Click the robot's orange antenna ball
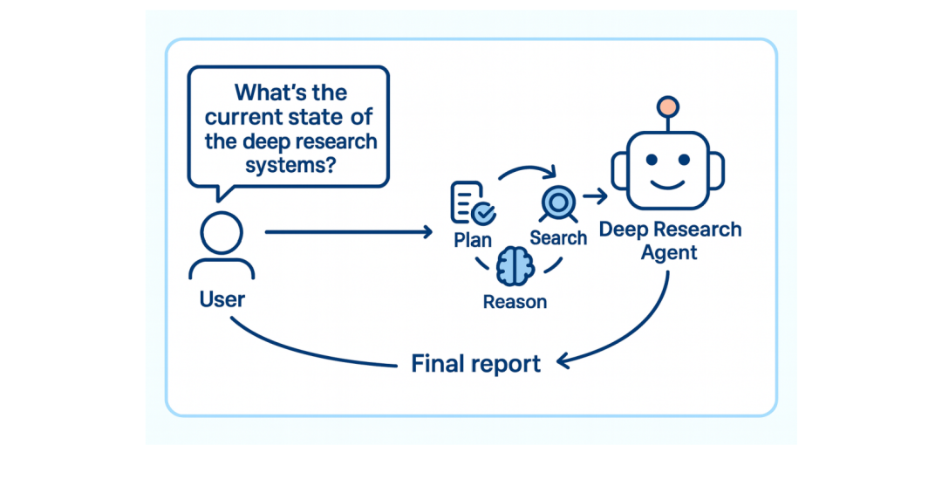[667, 107]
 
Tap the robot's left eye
[651, 161]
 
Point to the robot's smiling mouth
[667, 183]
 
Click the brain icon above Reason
[515, 266]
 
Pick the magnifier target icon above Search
[559, 203]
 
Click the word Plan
[473, 240]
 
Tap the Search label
[558, 238]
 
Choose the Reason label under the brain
[515, 302]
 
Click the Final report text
[476, 363]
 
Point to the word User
[222, 299]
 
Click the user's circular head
[222, 233]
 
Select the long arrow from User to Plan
[348, 232]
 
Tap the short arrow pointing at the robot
[595, 195]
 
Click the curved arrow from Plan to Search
[527, 168]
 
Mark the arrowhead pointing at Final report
[563, 361]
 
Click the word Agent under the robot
[669, 253]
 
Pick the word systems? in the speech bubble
[290, 165]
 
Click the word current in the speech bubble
[244, 117]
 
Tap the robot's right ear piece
[717, 170]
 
